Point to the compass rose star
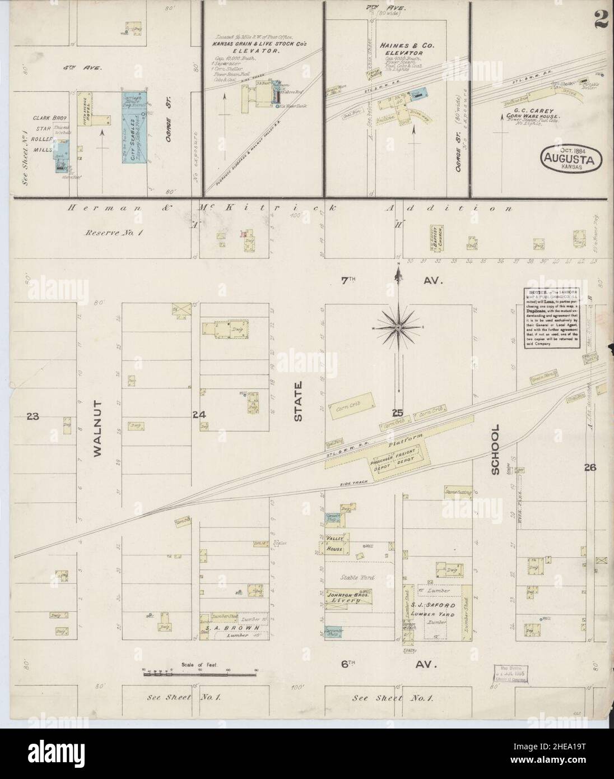click(x=398, y=326)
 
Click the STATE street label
click(x=298, y=401)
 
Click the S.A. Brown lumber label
click(x=232, y=628)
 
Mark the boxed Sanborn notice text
click(x=547, y=318)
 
